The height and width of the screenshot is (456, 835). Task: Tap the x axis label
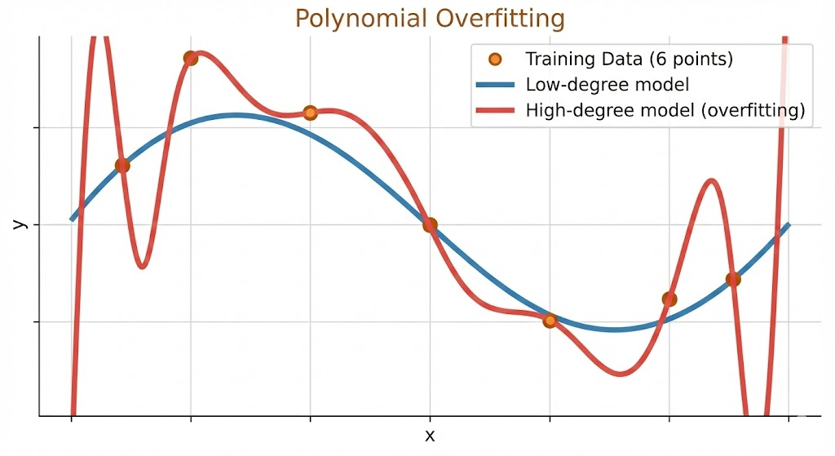(x=430, y=436)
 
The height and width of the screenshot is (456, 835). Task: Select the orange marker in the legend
(x=494, y=60)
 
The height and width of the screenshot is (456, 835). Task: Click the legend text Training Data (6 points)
(x=629, y=60)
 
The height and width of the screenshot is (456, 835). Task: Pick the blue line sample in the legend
(x=494, y=84)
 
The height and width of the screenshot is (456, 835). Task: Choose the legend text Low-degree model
(x=607, y=84)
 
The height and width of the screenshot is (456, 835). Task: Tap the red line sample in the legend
(x=494, y=109)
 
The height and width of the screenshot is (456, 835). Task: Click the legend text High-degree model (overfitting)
(x=665, y=109)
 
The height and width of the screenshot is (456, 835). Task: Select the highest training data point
(x=191, y=58)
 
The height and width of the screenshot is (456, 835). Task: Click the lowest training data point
(x=550, y=321)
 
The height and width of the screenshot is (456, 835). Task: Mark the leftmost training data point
(x=122, y=166)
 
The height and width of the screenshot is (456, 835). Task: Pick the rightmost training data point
(x=733, y=279)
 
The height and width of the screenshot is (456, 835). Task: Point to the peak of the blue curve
(x=236, y=115)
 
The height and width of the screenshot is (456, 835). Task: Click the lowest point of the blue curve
(x=617, y=330)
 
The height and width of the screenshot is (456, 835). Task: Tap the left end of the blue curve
(x=73, y=219)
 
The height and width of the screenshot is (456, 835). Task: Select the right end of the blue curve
(x=788, y=224)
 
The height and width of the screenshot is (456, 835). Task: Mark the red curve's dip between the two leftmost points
(x=143, y=265)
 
